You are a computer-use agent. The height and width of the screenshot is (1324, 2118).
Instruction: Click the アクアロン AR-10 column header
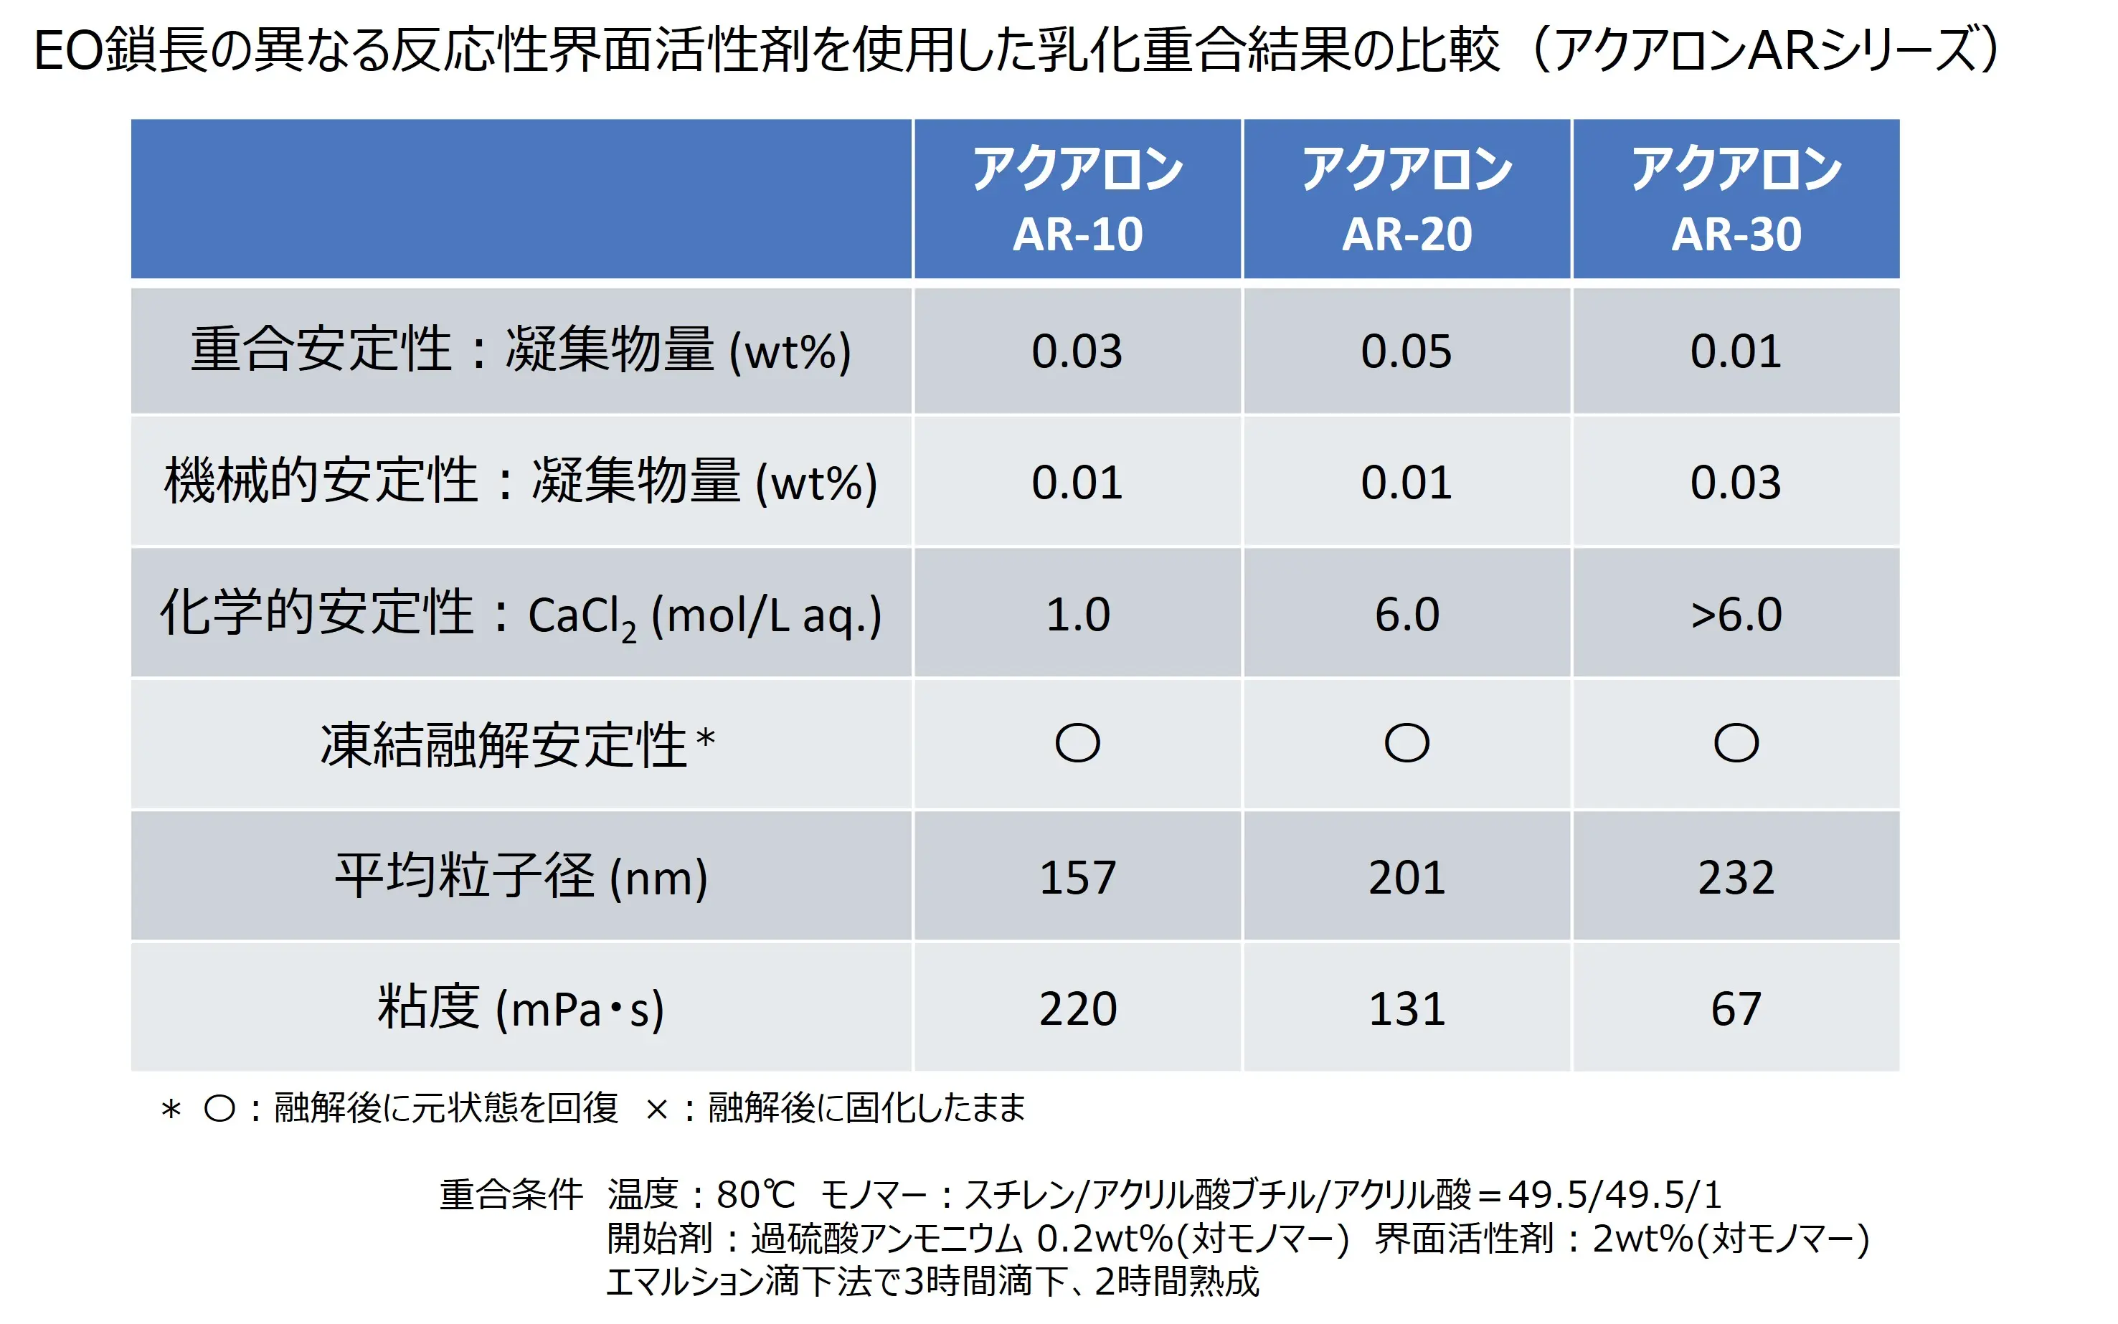pos(1077,199)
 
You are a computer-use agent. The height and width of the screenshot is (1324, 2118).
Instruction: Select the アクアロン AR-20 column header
pos(1407,199)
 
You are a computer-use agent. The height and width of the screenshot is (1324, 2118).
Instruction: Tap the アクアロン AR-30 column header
pos(1736,199)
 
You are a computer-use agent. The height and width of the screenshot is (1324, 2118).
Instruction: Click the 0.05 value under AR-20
pos(1407,351)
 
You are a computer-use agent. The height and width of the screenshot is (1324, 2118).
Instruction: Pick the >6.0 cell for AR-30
pos(1736,614)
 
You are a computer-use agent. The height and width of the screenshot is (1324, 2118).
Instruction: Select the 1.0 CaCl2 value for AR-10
pos(1077,614)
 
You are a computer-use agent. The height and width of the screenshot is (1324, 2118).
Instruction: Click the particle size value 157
pos(1077,876)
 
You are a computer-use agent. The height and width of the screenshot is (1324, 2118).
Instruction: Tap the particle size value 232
pos(1736,876)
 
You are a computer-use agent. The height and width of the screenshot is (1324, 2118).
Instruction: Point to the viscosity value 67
pos(1736,1008)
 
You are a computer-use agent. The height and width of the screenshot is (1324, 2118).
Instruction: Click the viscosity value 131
pos(1407,1008)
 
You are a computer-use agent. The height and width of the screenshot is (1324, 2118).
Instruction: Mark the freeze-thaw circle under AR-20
pos(1407,744)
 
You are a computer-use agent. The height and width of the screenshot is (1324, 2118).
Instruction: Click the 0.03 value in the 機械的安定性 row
pos(1736,483)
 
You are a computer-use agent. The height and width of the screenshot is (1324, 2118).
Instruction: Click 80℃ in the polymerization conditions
pos(755,1194)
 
